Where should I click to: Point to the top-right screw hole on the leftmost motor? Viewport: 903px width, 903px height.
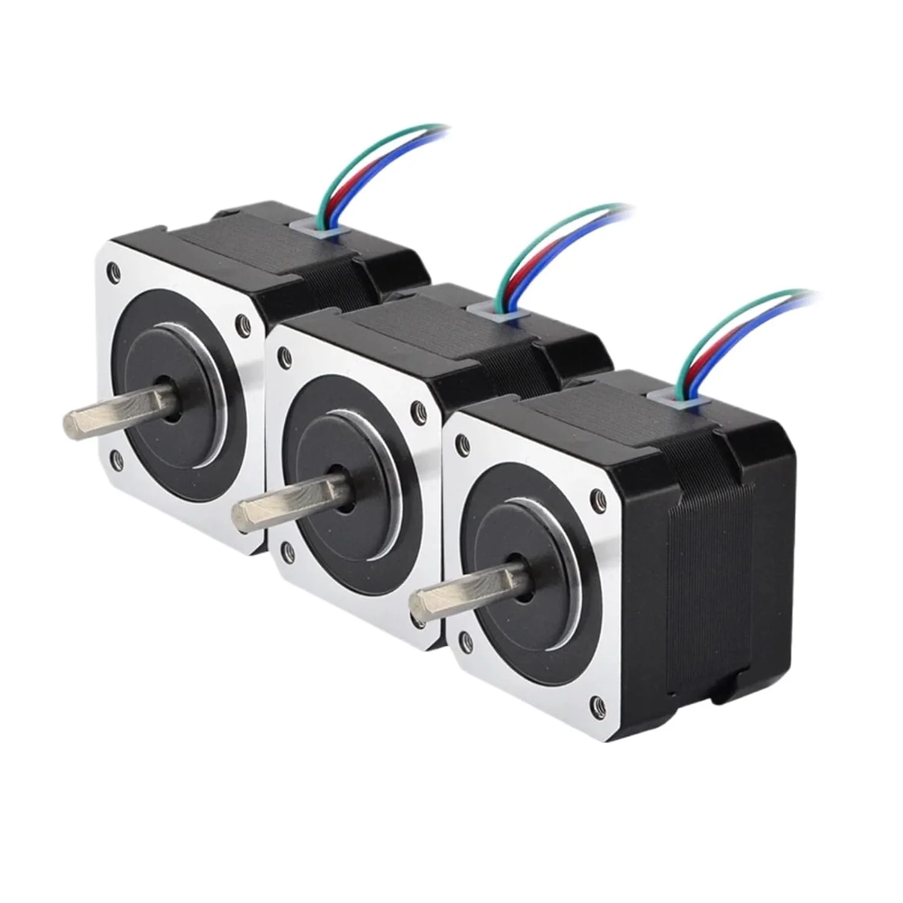(x=243, y=320)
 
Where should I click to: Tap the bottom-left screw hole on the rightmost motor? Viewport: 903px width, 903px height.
(x=464, y=637)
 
